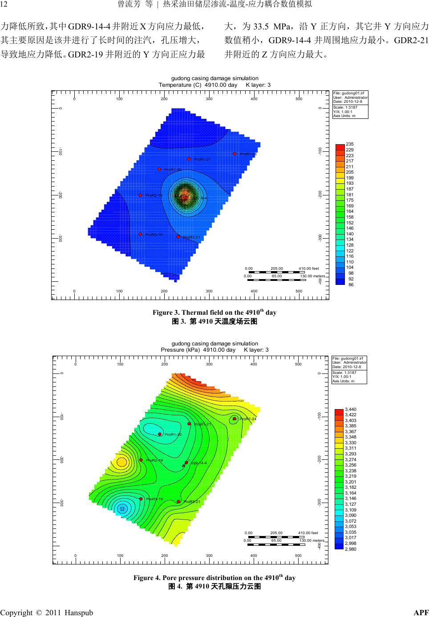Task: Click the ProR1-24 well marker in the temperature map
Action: (235, 154)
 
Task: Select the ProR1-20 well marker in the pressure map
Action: (159, 434)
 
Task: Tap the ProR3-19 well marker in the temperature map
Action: (140, 234)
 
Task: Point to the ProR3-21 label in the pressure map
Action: (193, 502)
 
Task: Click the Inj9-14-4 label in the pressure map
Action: (198, 463)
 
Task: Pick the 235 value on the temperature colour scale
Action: (349, 144)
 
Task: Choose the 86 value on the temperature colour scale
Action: (351, 284)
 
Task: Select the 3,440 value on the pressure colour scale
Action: (351, 409)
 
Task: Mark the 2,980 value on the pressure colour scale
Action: (351, 549)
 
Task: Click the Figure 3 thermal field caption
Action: (214, 313)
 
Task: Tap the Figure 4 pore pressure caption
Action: (214, 578)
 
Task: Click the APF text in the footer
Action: (421, 612)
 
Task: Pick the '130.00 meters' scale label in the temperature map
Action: (312, 276)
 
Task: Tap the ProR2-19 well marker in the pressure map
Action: (141, 460)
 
